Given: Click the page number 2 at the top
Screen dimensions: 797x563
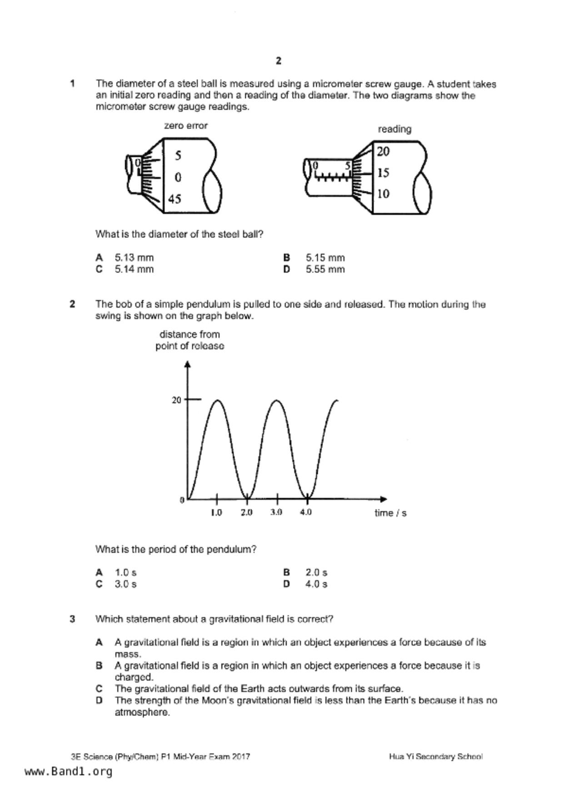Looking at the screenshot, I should pos(279,61).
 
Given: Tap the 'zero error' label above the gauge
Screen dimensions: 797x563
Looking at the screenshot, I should pos(186,126).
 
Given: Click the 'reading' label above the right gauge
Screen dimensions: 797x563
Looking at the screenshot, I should pos(394,129).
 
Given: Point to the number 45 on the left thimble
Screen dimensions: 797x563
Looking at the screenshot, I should pos(174,199).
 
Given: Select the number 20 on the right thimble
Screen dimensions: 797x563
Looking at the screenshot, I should pos(383,151).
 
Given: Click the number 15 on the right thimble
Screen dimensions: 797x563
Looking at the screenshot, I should pos(383,173).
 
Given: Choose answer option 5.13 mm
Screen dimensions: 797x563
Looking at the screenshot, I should pos(134,258).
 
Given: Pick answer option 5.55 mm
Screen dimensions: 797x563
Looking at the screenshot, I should pos(325,269).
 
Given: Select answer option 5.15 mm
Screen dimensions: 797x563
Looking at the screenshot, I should pos(325,258).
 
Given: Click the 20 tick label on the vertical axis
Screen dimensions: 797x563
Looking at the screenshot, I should pos(176,400).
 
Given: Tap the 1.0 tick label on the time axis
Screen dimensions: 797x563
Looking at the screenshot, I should pos(216,513).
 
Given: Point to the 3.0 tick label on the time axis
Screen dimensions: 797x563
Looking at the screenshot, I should pos(276,513).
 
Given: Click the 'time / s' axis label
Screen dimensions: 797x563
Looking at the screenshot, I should pos(390,513).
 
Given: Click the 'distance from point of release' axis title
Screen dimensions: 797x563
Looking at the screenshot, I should pos(189,340).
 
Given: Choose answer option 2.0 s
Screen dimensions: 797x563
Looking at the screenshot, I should pos(316,573).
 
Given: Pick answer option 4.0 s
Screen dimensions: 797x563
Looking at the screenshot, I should pos(316,584).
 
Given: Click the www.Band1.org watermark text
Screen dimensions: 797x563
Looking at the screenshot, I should pos(68,772).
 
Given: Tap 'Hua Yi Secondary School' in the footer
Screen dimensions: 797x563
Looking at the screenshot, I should pos(435,757).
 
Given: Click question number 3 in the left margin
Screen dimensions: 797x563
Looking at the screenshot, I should pos(72,619).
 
